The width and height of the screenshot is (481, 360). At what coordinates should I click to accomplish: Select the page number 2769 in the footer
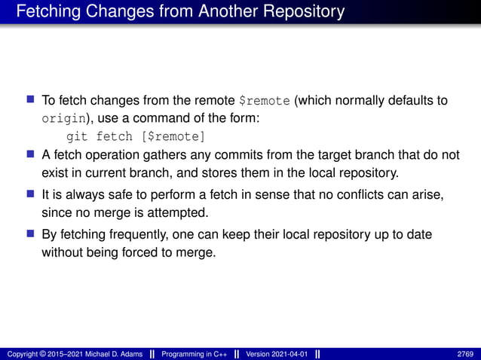point(465,354)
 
